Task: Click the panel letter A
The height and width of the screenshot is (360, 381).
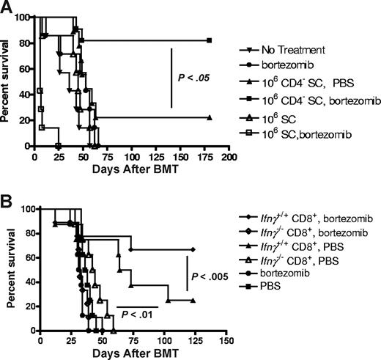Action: click(7, 7)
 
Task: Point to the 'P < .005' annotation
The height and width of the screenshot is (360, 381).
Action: click(210, 276)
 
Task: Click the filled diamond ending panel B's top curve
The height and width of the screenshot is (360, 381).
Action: click(193, 250)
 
